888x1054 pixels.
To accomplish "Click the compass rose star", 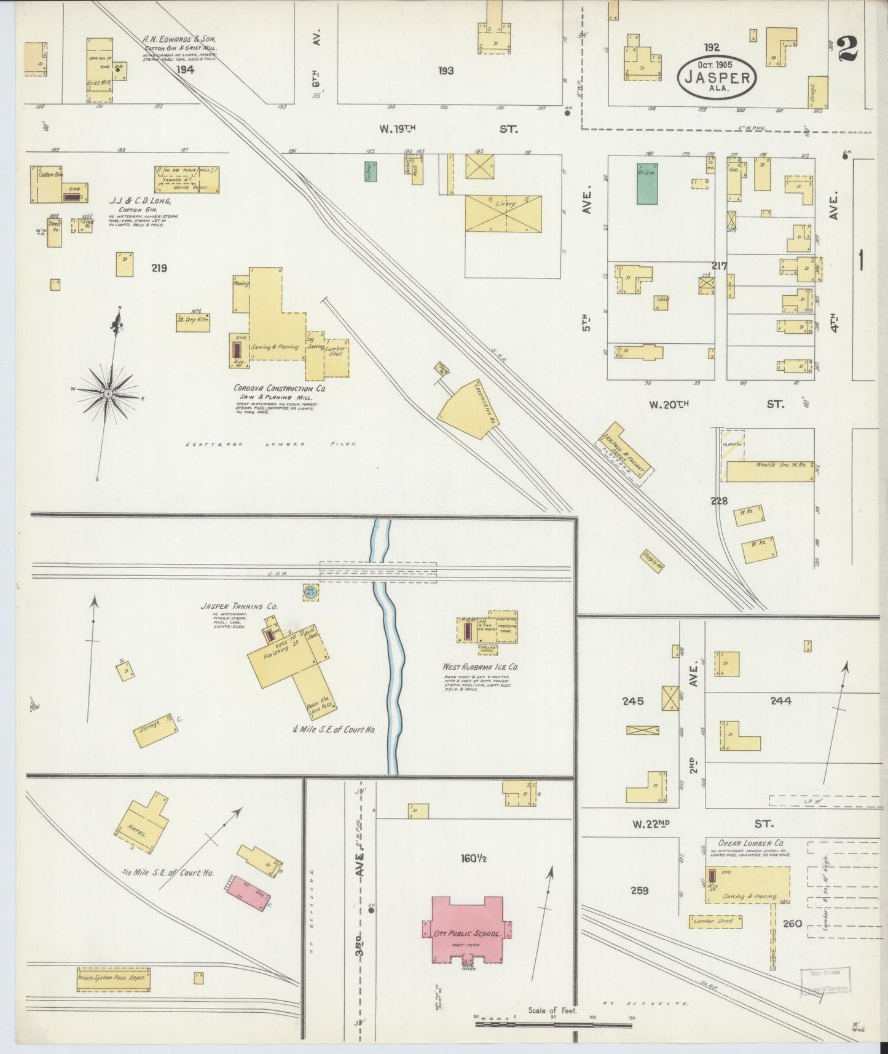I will (108, 394).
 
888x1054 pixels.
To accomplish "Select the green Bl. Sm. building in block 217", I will (646, 183).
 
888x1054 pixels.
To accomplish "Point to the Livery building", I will (503, 213).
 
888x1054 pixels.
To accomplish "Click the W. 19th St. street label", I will (449, 129).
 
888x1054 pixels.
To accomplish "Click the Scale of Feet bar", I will (552, 1024).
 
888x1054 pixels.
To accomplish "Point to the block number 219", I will (159, 268).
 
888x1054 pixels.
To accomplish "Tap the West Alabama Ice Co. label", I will (480, 666).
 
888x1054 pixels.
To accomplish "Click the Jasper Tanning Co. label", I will (238, 606).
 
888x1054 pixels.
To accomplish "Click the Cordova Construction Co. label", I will (280, 389).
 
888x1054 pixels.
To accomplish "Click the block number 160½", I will (473, 857).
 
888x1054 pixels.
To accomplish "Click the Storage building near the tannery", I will (155, 730).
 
